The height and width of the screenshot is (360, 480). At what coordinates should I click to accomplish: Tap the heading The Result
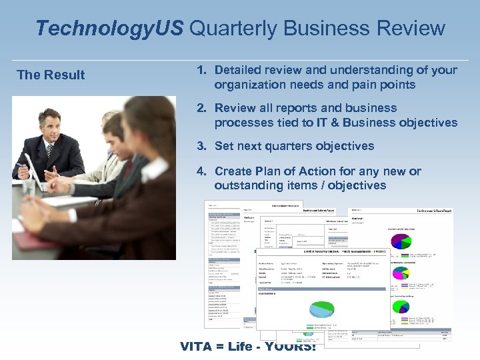[x=51, y=75]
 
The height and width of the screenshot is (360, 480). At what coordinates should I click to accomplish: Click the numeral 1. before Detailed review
[x=201, y=70]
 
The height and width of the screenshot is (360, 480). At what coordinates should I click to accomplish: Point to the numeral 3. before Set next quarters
[x=201, y=146]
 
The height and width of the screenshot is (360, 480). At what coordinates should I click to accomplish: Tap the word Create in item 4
[x=233, y=171]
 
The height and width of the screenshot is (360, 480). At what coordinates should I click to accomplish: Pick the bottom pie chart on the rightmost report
[x=400, y=306]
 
